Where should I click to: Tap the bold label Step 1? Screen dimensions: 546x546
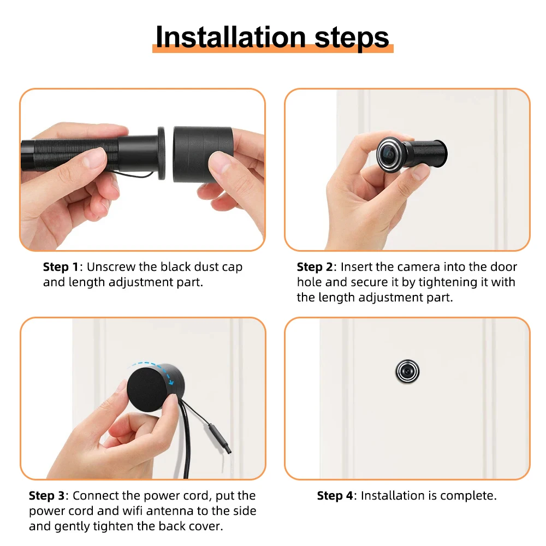point(61,267)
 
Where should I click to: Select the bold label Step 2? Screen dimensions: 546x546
point(314,267)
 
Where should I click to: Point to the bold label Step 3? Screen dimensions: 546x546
point(46,496)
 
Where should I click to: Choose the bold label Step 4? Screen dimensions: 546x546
point(335,496)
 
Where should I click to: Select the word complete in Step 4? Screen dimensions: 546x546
point(470,496)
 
